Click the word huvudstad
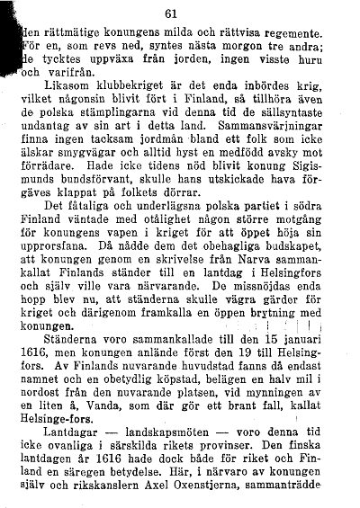(236, 410)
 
